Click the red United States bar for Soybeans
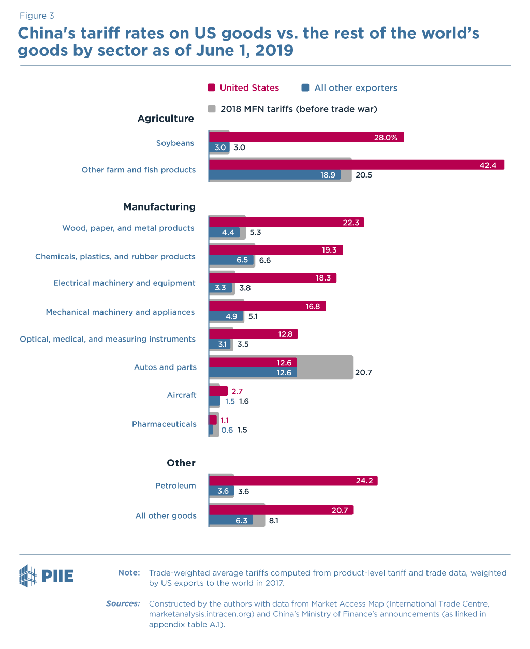pos(305,137)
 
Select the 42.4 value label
pos(488,165)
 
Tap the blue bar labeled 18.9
pos(274,175)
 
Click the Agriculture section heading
pos(166,119)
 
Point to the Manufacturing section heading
pos(159,207)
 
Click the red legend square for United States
pos(211,87)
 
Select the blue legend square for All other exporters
pos(305,87)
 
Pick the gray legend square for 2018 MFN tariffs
pos(211,109)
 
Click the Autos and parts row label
pos(165,367)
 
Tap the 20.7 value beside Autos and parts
pos(363,373)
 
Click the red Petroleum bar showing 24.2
pos(293,481)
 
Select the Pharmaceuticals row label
pos(164,424)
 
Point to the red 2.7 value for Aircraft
pos(237,391)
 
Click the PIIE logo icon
pos(28,576)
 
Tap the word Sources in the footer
pos(123,603)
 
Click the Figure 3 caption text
pos(37,16)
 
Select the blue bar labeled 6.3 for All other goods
pos(231,520)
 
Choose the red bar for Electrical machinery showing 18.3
pos(272,278)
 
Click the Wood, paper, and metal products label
pos(128,228)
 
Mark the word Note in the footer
pos(129,572)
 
